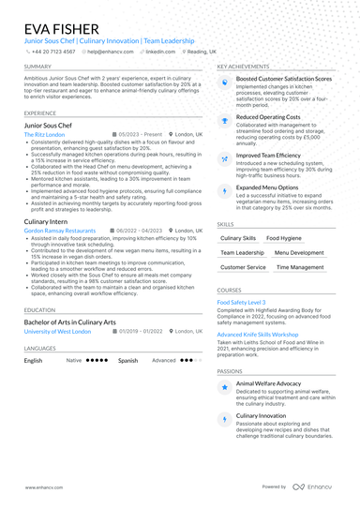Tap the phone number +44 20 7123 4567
53,52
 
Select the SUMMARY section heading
37,67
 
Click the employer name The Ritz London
44,134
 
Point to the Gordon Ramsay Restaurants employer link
60,230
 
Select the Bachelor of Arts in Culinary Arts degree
70,322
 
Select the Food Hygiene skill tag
283,239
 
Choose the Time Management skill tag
300,267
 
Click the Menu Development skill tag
300,253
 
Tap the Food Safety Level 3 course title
241,303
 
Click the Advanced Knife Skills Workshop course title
258,335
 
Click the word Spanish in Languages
127,360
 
